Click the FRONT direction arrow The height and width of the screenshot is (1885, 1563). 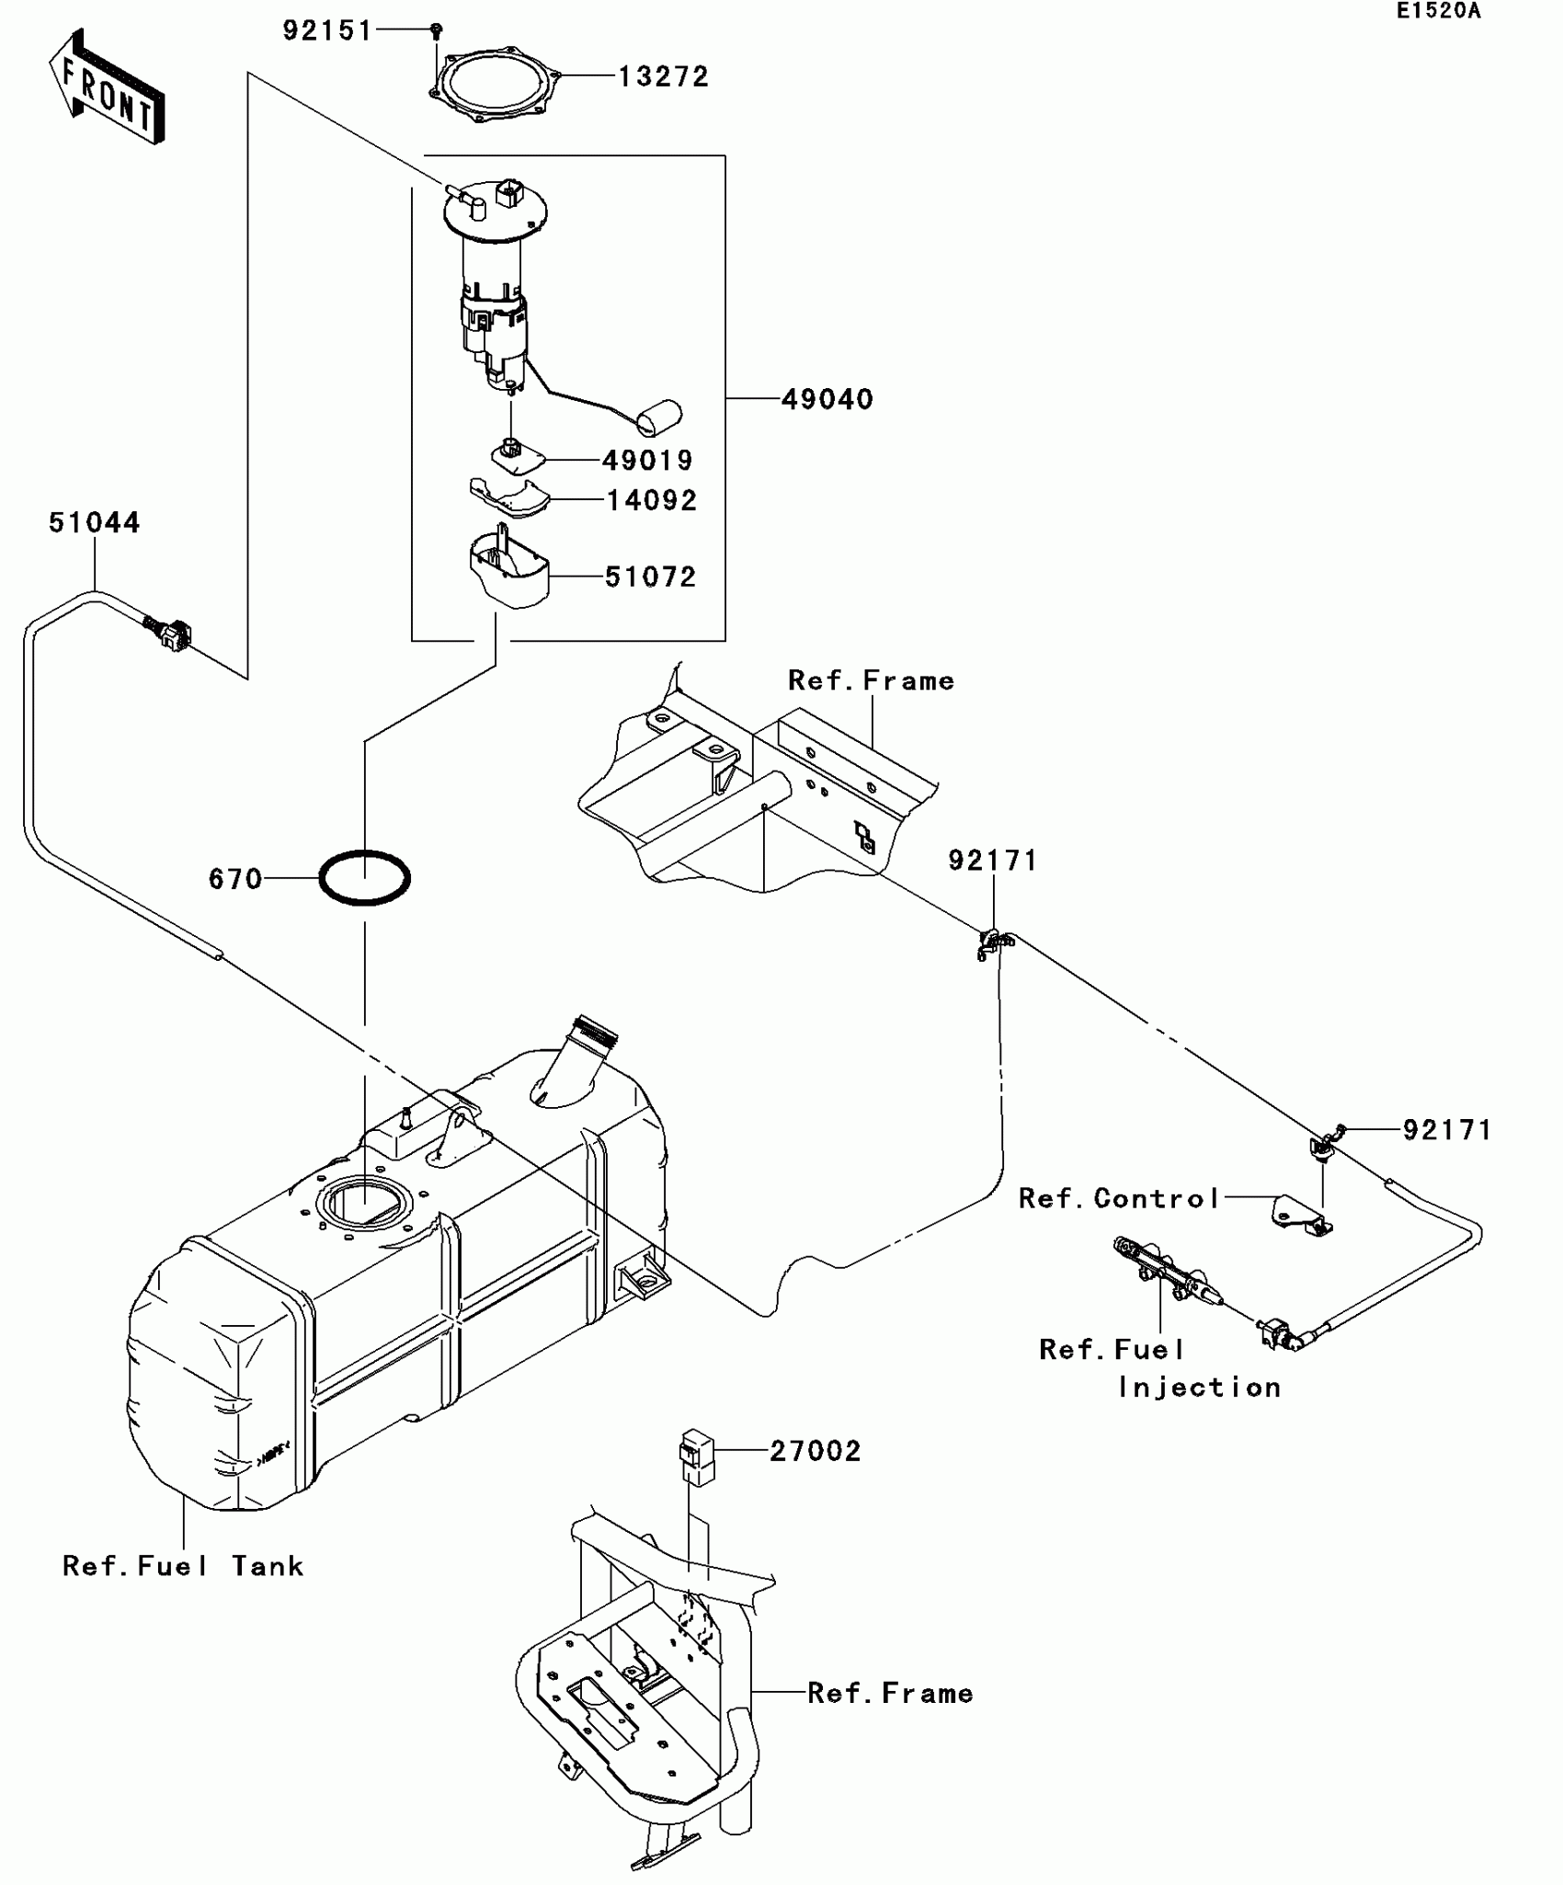click(107, 87)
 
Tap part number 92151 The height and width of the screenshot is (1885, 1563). click(327, 31)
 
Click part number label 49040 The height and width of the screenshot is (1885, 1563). click(827, 399)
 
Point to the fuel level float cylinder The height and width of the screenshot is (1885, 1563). click(659, 417)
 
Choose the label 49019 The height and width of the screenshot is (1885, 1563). click(647, 460)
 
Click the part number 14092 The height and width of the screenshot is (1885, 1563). click(652, 500)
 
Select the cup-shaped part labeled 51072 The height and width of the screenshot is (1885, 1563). click(509, 570)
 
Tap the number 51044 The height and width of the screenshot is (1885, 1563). click(95, 522)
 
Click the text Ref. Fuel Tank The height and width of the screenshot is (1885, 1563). click(183, 1566)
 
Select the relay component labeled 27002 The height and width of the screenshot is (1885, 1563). click(698, 1457)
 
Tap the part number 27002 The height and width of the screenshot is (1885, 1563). click(816, 1451)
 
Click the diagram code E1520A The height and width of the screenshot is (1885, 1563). click(1439, 11)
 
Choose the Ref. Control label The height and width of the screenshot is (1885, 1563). click(1119, 1198)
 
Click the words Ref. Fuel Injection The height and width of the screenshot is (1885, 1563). click(1160, 1368)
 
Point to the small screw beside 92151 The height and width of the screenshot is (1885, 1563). click(437, 31)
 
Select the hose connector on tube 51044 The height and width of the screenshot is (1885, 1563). click(168, 634)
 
